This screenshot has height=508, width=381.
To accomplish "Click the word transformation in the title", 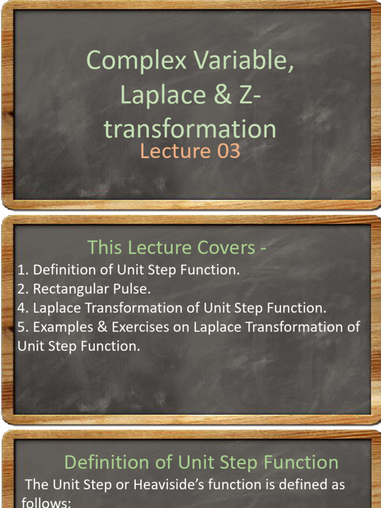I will (190, 129).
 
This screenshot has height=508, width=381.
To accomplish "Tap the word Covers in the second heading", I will (232, 247).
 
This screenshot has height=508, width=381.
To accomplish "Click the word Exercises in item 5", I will (150, 327).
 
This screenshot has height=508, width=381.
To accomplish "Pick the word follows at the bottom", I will (46, 503).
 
